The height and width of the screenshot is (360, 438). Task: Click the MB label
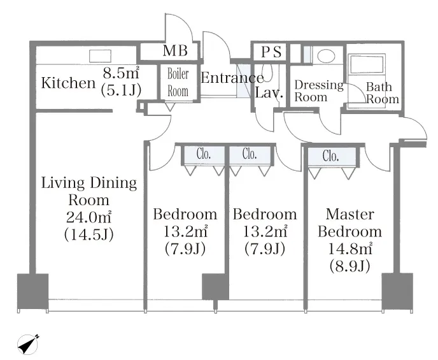pyautogui.click(x=175, y=50)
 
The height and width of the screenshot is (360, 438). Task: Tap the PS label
pyautogui.click(x=271, y=52)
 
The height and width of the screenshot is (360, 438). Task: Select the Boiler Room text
pyautogui.click(x=178, y=82)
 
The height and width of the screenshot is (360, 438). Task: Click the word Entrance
pyautogui.click(x=232, y=78)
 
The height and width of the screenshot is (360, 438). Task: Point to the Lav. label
pyautogui.click(x=269, y=92)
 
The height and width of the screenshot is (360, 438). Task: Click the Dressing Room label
pyautogui.click(x=319, y=91)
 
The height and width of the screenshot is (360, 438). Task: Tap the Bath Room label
pyautogui.click(x=382, y=93)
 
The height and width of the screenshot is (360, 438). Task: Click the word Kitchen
pyautogui.click(x=69, y=83)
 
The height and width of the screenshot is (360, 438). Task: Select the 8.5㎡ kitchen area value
pyautogui.click(x=121, y=73)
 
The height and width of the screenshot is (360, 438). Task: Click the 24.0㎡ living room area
pyautogui.click(x=89, y=217)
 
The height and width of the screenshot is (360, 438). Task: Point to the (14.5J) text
pyautogui.click(x=89, y=234)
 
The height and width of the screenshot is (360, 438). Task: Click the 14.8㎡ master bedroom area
pyautogui.click(x=350, y=248)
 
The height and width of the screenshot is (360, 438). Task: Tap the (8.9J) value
pyautogui.click(x=350, y=266)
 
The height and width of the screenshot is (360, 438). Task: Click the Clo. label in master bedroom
pyautogui.click(x=331, y=155)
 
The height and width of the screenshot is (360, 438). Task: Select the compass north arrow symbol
pyautogui.click(x=27, y=344)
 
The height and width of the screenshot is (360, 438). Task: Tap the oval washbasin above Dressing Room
pyautogui.click(x=326, y=56)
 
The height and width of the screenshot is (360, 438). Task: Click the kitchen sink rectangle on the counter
pyautogui.click(x=100, y=56)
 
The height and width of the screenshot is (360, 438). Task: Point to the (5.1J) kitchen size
pyautogui.click(x=121, y=90)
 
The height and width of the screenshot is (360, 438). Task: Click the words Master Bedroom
pyautogui.click(x=350, y=223)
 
